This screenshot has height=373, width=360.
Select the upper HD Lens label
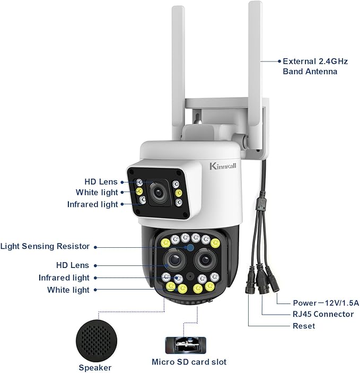(101, 182)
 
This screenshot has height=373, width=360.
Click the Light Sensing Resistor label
(45, 246)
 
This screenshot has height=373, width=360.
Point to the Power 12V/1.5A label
(326, 302)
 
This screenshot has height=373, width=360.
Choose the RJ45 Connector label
(323, 314)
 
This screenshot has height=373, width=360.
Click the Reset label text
(304, 326)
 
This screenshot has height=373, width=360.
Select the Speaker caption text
(95, 368)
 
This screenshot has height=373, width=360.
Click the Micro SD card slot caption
(189, 362)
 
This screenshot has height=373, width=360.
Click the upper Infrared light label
(93, 204)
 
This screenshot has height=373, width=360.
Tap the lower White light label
(68, 290)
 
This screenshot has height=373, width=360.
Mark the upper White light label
(97, 193)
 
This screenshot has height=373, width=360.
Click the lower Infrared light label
(64, 277)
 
